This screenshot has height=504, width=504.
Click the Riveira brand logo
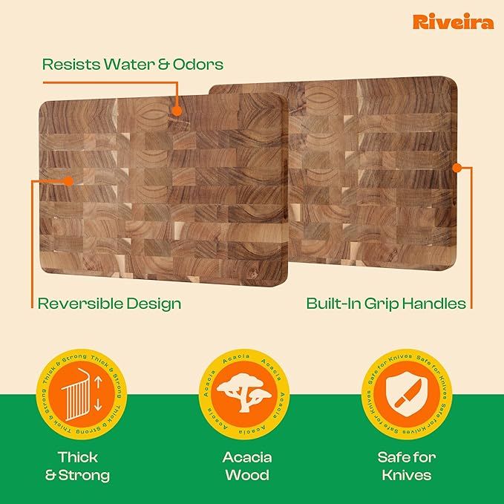(453, 22)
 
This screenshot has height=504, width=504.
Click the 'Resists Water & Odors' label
(133, 65)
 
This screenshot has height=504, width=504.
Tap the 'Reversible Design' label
(109, 303)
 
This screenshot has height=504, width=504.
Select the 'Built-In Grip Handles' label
(386, 303)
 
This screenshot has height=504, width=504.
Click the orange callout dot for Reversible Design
(68, 180)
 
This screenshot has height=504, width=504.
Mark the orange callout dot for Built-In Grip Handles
(456, 168)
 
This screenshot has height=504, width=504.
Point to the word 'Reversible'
(76, 303)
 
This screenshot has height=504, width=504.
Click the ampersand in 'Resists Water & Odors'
(165, 65)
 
